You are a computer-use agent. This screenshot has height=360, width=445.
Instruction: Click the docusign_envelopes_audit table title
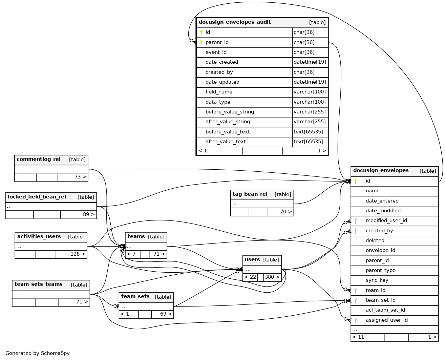pos(235,22)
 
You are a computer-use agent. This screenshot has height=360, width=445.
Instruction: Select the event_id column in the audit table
pos(216,52)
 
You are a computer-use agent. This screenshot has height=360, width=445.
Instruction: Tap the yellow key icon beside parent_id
pos(201,42)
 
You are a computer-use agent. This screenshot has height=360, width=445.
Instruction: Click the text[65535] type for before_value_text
pos(308,132)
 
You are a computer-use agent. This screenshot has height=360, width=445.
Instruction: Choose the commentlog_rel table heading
pos(39,160)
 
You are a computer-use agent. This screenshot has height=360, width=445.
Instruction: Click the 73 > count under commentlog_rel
pos(80,177)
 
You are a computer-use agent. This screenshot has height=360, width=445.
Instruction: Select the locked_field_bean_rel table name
pos(37,197)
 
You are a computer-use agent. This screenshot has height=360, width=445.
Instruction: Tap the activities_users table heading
pos(39,237)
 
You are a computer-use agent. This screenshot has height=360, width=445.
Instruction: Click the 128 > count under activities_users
pos(78,254)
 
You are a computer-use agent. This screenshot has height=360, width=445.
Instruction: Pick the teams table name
pos(136,237)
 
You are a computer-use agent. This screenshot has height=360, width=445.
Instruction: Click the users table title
pos(252,260)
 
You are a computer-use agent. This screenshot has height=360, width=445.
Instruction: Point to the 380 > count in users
pos(272,277)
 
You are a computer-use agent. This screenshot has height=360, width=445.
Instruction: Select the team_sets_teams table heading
pos(39,284)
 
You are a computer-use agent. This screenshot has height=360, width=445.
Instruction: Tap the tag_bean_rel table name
pos(250,194)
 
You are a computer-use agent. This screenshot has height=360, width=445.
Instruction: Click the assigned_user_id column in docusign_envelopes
pos(386,320)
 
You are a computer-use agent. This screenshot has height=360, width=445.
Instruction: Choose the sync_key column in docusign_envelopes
pos(377,280)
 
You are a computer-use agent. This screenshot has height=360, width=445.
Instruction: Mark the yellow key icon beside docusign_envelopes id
pos(356,181)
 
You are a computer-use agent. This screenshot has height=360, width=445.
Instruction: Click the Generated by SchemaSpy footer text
pos(38,353)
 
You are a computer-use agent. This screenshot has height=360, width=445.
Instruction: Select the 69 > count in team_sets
pos(166,314)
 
